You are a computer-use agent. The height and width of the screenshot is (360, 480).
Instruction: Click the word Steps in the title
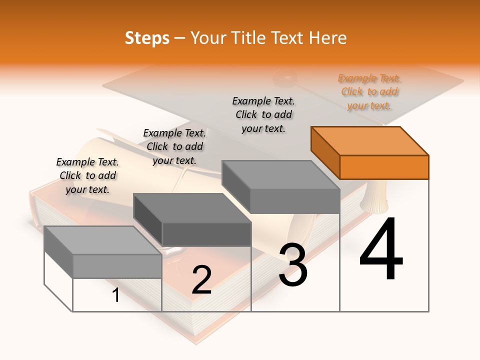(147, 38)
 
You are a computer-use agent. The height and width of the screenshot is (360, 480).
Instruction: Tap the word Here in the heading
(327, 38)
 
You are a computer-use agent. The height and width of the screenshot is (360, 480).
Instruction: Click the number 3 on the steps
(293, 265)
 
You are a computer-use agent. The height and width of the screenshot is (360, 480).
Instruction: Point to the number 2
(201, 280)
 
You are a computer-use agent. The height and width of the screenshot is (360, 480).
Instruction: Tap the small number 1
(116, 295)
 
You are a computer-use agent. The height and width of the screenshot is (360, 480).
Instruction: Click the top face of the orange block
(369, 141)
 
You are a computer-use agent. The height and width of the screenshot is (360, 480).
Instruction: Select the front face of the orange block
(384, 167)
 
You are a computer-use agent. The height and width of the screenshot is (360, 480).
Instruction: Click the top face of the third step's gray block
(280, 175)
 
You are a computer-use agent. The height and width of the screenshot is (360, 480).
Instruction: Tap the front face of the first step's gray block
(117, 266)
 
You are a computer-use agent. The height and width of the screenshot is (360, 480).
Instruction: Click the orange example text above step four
(369, 92)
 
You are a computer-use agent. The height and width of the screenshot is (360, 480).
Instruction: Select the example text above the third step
(263, 114)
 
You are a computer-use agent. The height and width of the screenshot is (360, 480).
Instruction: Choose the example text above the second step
(174, 146)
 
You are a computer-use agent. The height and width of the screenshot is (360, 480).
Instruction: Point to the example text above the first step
(87, 175)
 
